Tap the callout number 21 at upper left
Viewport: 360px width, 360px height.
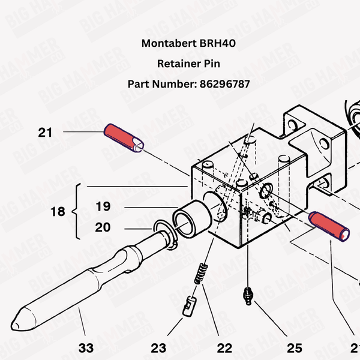46,132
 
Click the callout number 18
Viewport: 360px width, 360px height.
58,212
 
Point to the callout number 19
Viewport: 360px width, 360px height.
103,207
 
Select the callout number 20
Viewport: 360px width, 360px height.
103,227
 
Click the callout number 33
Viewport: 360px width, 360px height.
86,347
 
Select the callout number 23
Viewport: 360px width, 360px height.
158,347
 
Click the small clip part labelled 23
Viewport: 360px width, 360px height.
189,305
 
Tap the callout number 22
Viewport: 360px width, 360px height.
224,347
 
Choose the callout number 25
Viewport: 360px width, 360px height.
294,347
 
